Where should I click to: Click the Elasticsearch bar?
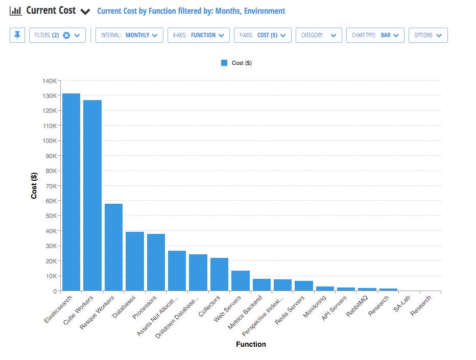(71, 192)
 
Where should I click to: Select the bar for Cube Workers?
(92, 196)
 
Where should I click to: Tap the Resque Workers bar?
(113, 247)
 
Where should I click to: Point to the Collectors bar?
(219, 274)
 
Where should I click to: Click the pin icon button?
(17, 35)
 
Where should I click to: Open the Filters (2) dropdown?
(58, 35)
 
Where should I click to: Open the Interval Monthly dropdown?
(129, 35)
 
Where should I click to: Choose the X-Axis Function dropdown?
(198, 35)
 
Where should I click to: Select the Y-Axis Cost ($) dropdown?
(263, 35)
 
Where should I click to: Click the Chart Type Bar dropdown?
(375, 35)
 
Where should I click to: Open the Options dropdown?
(428, 35)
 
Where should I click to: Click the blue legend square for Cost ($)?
(224, 63)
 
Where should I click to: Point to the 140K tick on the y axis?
(51, 81)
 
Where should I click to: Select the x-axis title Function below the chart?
(251, 344)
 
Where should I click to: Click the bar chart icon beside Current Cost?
(16, 10)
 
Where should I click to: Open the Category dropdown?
(318, 35)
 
